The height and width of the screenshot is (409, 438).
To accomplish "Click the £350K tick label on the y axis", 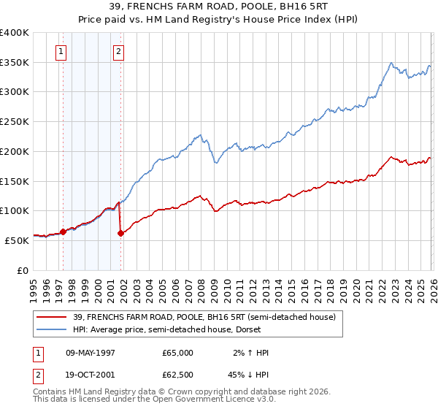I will (15, 63).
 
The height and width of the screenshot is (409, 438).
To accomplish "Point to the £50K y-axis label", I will (17, 240).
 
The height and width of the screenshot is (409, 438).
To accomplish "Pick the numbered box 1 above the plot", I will (60, 51).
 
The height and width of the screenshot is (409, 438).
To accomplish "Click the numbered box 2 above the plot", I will (118, 51).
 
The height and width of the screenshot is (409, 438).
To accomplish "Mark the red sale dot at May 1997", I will (63, 232).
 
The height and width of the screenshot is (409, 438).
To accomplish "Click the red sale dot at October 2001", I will (120, 233).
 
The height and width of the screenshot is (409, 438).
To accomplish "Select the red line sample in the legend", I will (51, 317).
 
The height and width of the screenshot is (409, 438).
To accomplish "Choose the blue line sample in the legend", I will (51, 329).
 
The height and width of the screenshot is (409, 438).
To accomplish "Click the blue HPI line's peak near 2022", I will (392, 63).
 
